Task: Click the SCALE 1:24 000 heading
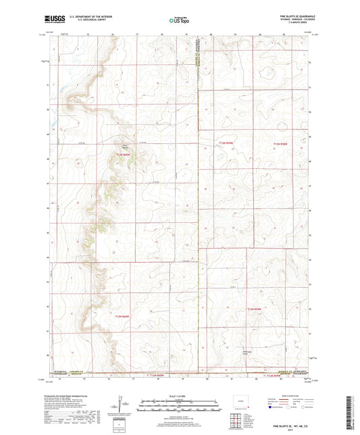(x=179, y=396)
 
